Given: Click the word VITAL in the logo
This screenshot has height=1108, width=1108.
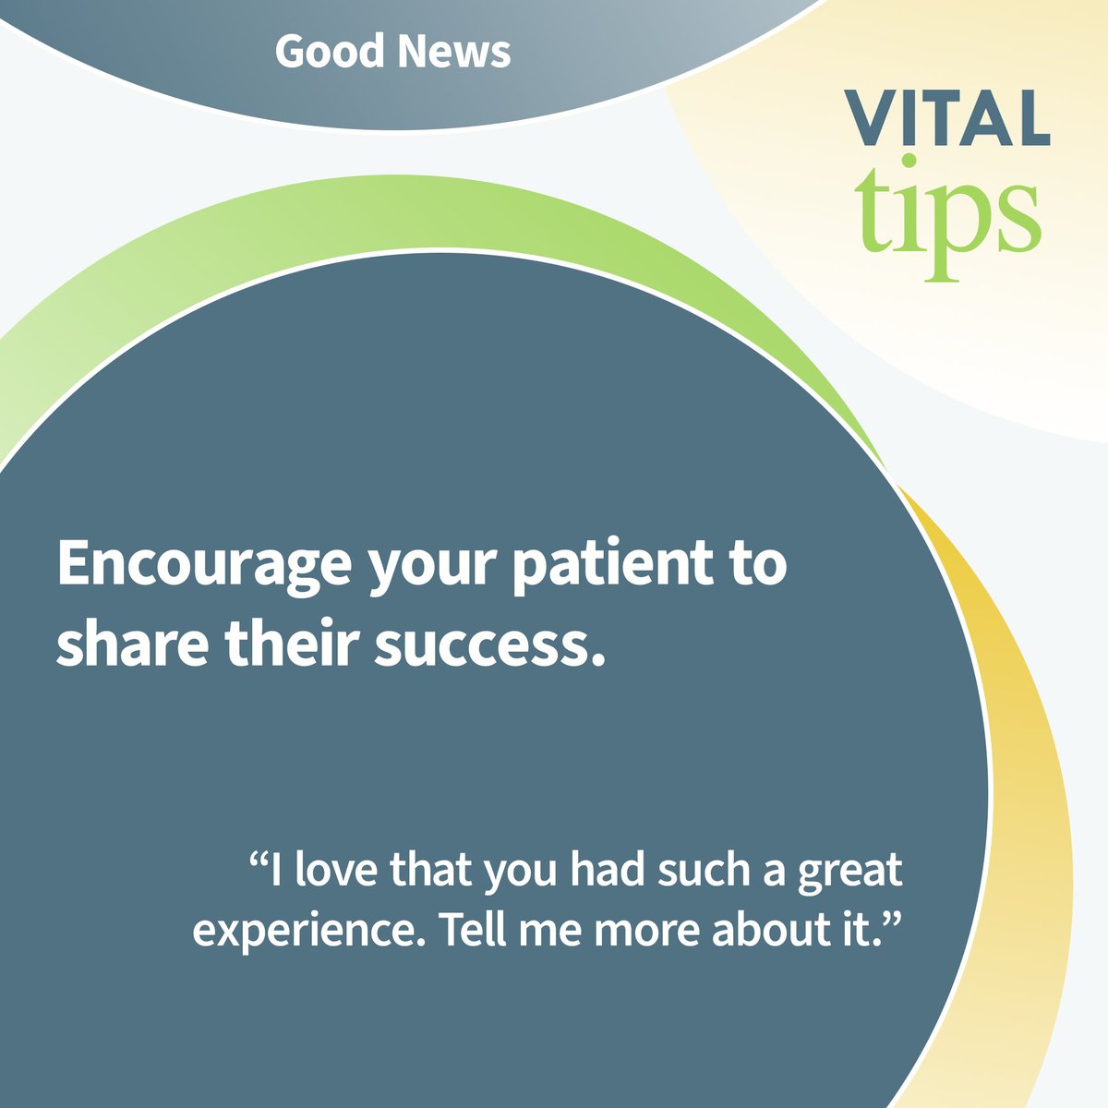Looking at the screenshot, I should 949,118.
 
